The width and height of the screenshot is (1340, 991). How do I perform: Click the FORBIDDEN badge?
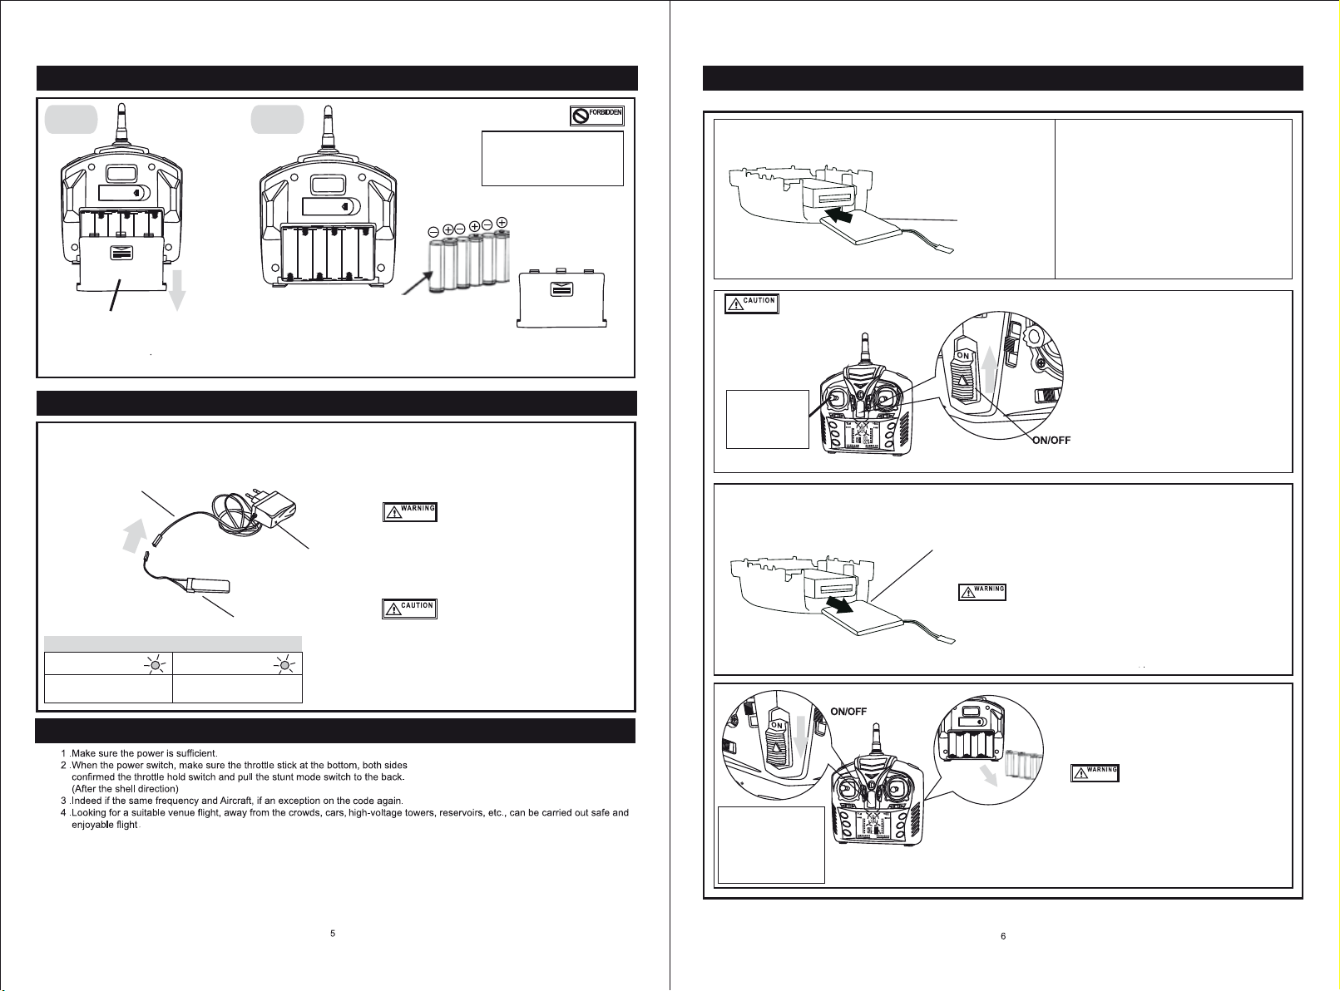pos(597,116)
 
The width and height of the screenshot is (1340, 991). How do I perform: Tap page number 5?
pos(332,933)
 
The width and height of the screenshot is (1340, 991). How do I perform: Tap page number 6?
pos(1003,936)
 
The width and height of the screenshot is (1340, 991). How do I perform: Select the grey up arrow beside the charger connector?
pos(135,535)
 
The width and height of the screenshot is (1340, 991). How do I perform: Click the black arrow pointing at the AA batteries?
pos(418,283)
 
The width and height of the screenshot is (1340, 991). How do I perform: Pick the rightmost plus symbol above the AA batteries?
pos(502,223)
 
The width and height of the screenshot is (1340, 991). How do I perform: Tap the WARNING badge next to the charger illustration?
pos(409,512)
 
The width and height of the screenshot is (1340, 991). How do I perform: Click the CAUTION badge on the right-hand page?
pos(752,303)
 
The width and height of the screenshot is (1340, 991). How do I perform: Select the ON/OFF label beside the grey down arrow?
pos(848,712)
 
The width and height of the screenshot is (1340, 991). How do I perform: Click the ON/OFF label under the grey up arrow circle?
pos(1051,441)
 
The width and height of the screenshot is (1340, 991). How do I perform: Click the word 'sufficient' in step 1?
pos(195,753)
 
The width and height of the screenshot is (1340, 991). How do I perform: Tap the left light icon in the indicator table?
pos(156,665)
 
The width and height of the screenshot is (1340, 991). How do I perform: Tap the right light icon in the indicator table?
pos(284,665)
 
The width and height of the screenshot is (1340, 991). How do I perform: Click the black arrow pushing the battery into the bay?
pos(838,213)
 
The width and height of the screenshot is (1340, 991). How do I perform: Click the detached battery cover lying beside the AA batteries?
pos(561,298)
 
